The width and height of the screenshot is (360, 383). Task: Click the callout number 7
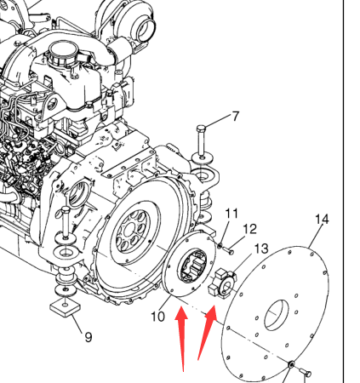point(236,117)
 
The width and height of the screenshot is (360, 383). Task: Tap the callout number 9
point(89,337)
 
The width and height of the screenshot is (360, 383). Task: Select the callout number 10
point(157,317)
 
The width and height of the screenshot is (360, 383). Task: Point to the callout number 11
point(231,214)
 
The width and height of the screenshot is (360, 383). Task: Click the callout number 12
point(250,229)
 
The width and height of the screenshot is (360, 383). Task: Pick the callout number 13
point(261,249)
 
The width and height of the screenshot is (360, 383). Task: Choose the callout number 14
point(322,220)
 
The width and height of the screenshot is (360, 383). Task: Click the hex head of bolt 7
point(201,129)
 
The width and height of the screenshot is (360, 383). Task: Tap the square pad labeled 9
point(65,308)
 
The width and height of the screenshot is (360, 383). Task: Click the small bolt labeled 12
point(228,250)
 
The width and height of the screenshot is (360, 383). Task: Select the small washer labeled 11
point(220,244)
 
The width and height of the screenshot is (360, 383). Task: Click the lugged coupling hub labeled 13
point(222,283)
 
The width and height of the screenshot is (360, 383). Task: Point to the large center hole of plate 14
point(277,314)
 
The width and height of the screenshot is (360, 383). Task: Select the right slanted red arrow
point(208,333)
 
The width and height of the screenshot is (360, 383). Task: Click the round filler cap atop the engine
point(62,52)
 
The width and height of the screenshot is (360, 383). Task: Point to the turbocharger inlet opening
point(146,27)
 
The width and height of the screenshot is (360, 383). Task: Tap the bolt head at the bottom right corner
point(306,372)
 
